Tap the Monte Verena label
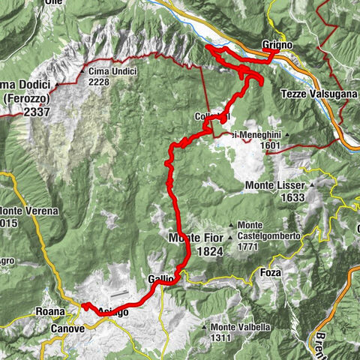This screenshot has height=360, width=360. tap(28, 211)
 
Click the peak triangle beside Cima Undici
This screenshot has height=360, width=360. tap(81, 71)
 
